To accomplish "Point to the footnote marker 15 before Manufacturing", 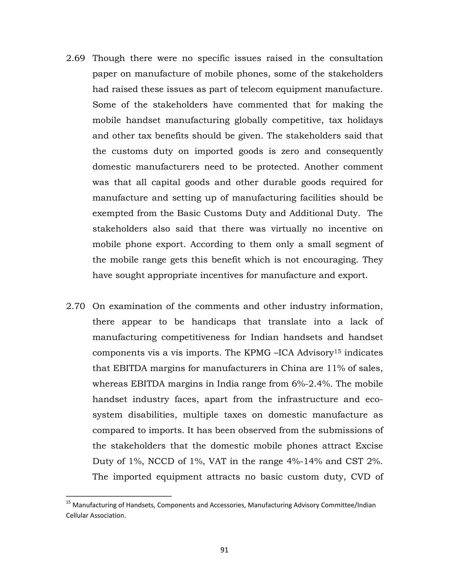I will click(68, 503).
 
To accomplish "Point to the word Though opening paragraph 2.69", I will click(109, 58).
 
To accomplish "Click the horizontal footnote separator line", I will click(119, 496).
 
